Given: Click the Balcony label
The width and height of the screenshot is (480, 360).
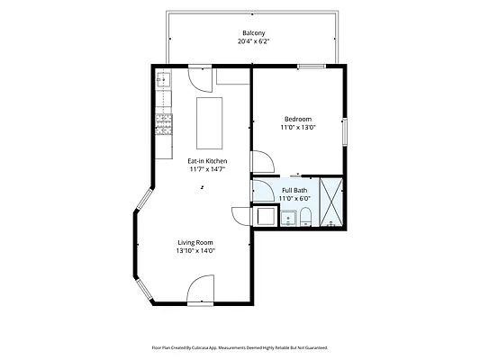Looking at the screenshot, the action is click(x=253, y=33).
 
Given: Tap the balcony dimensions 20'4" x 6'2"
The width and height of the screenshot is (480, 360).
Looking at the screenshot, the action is click(x=253, y=41).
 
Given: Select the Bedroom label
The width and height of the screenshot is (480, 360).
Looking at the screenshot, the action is click(x=298, y=120).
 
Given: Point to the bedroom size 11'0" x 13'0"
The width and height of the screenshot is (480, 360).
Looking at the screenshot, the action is click(x=298, y=127).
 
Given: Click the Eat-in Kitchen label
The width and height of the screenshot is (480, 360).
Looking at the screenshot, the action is click(x=207, y=161).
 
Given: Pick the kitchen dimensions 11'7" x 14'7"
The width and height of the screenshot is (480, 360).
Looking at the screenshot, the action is click(x=207, y=169).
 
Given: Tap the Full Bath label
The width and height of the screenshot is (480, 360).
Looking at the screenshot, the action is click(x=294, y=190).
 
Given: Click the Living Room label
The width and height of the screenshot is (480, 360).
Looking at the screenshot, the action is click(x=195, y=242).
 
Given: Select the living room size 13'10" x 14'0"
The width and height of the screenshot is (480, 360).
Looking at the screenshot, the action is click(x=195, y=251).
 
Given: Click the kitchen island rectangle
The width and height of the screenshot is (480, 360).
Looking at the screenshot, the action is click(x=210, y=123).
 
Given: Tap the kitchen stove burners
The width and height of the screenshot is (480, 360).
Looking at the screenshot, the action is click(x=164, y=124).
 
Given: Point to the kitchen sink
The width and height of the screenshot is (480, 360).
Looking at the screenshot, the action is click(x=164, y=80).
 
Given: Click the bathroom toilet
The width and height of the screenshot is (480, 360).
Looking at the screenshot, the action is click(x=305, y=217).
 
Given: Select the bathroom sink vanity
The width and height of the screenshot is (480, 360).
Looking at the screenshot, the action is click(x=288, y=218).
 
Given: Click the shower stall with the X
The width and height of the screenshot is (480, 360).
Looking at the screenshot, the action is click(x=331, y=202).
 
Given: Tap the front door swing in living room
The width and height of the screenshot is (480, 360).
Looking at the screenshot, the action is click(x=201, y=289).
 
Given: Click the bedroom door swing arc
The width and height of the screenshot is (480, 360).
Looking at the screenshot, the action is click(x=263, y=161).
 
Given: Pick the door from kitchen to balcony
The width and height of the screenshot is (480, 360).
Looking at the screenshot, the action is click(x=200, y=79).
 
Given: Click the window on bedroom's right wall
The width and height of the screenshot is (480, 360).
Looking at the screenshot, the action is click(x=345, y=131).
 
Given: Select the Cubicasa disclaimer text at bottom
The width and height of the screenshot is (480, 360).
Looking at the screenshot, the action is click(x=240, y=347).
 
